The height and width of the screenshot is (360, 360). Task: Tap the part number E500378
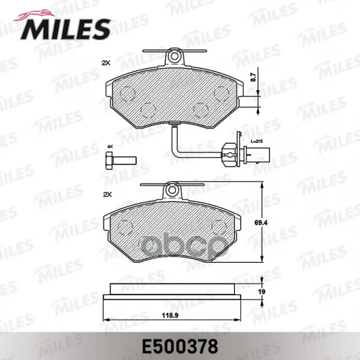180,347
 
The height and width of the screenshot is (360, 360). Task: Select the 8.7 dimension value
253,77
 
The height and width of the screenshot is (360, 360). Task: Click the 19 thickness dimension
262,292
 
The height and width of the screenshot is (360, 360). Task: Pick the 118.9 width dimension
170,316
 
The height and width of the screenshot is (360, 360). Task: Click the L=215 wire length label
257,142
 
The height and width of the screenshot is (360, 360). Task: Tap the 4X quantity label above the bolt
110,146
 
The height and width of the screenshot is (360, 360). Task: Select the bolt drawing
121,161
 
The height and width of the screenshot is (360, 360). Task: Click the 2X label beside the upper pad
106,63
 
